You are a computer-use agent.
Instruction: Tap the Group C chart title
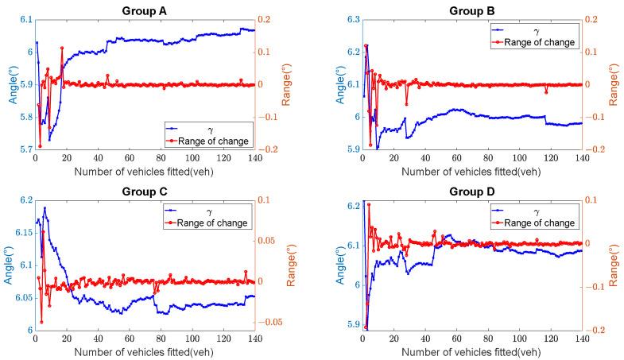coord(145,190)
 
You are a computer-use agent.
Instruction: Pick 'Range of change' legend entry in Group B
coord(538,43)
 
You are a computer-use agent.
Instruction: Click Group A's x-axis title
coord(145,170)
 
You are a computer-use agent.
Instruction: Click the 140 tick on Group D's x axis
coord(581,339)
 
